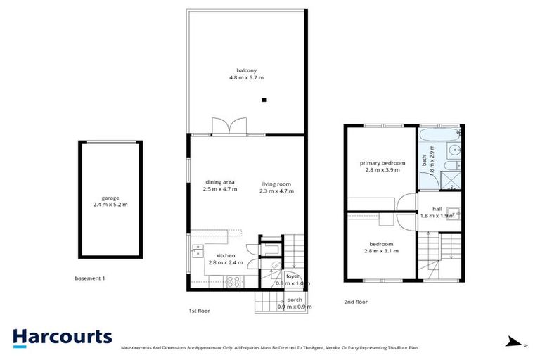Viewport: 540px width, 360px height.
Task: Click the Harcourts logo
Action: click(x=62, y=337)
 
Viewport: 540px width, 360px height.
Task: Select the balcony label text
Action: click(x=245, y=70)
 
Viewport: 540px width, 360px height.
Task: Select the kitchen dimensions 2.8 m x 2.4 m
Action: click(x=225, y=262)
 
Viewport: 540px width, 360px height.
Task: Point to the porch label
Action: click(x=295, y=300)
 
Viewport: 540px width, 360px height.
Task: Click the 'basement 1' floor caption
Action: click(x=89, y=278)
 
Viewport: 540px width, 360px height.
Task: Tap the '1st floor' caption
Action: click(x=199, y=310)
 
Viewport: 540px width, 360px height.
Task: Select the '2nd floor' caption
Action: click(x=356, y=302)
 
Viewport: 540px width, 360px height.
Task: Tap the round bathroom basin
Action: click(x=454, y=149)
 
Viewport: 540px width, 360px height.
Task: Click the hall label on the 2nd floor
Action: click(x=437, y=209)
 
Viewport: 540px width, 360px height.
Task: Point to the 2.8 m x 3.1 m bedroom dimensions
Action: click(x=382, y=251)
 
